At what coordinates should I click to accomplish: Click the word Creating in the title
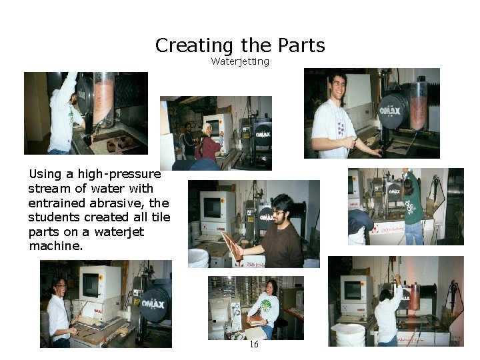click(x=194, y=46)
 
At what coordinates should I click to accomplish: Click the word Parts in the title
click(x=301, y=45)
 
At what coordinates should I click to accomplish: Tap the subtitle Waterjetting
click(x=240, y=62)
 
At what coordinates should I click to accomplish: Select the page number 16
click(x=254, y=344)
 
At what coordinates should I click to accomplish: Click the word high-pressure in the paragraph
click(x=119, y=174)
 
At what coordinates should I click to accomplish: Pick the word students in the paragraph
click(x=54, y=217)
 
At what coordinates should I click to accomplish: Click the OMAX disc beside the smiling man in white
click(x=393, y=109)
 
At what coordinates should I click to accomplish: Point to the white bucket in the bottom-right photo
click(x=351, y=335)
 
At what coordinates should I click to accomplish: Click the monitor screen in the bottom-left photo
click(x=91, y=285)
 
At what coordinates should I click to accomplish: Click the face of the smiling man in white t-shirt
click(x=337, y=87)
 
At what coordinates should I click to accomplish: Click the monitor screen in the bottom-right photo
click(x=353, y=291)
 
